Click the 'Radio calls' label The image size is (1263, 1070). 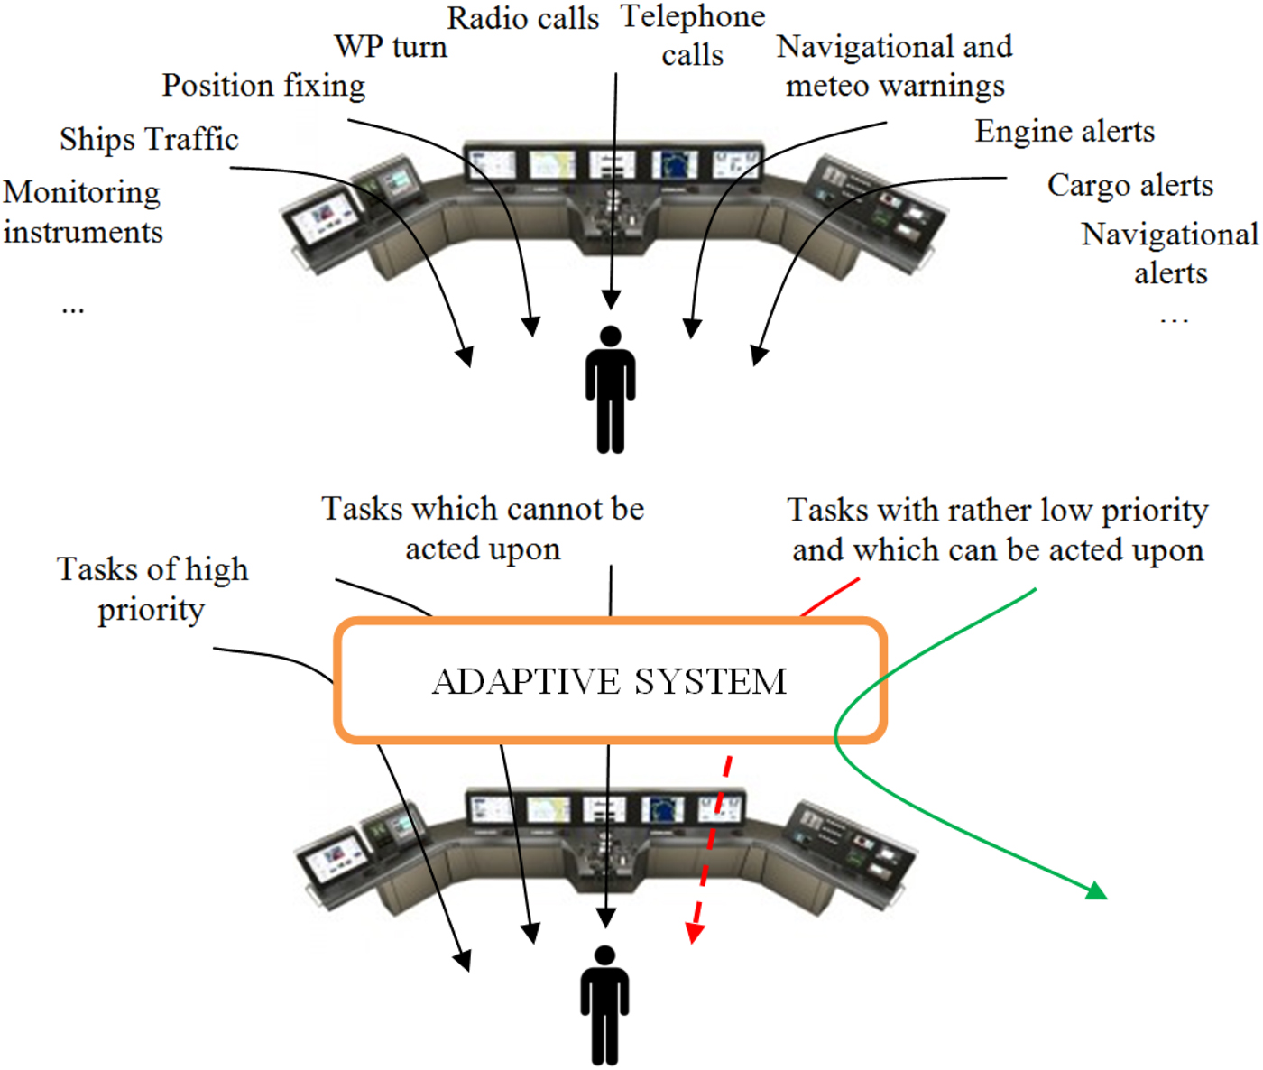click(x=522, y=18)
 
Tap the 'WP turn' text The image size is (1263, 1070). click(x=391, y=46)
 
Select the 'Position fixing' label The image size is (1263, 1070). click(x=263, y=85)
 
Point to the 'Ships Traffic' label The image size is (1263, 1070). click(x=149, y=139)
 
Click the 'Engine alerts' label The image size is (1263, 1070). click(x=1065, y=131)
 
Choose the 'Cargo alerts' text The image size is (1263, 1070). click(x=1129, y=185)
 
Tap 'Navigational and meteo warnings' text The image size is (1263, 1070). click(x=894, y=66)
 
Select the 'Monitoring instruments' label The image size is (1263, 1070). click(x=82, y=212)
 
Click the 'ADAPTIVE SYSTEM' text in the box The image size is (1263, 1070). click(x=610, y=681)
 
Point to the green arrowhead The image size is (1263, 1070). click(x=1097, y=891)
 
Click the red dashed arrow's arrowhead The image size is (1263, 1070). click(x=693, y=934)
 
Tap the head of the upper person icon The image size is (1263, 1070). click(x=611, y=337)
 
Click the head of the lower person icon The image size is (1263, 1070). click(x=604, y=956)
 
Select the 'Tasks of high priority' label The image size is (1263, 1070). click(x=152, y=589)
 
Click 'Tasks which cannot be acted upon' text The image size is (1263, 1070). click(x=483, y=529)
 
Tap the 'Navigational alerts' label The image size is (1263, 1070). click(x=1169, y=254)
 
